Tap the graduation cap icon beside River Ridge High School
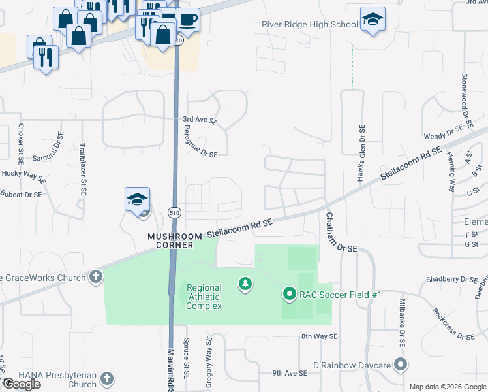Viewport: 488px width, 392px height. click(373, 20)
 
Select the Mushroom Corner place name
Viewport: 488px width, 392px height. click(174, 240)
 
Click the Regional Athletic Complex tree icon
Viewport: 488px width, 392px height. click(245, 284)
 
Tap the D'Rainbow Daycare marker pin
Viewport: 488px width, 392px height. click(401, 364)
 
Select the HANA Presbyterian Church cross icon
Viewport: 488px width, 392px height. click(107, 379)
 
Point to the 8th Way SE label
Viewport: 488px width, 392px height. click(319, 336)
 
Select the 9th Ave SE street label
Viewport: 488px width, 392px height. click(290, 373)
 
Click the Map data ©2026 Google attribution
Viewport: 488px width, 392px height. click(448, 387)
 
